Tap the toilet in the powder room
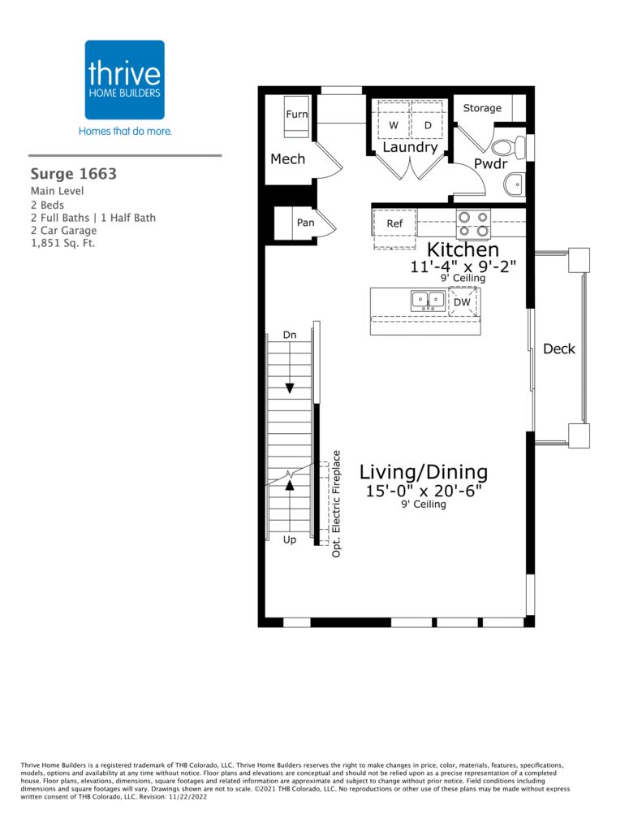click(x=509, y=146)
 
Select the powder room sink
click(x=514, y=184)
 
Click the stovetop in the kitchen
click(x=473, y=224)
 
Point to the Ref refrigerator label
click(x=394, y=223)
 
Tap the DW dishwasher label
click(x=462, y=302)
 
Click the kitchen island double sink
click(x=428, y=301)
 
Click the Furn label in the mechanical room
click(x=297, y=114)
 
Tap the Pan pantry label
click(x=305, y=223)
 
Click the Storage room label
click(x=482, y=108)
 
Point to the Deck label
click(x=558, y=349)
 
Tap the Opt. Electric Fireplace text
click(x=336, y=504)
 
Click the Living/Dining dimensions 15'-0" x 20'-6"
click(x=424, y=491)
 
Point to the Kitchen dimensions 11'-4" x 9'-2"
click(x=463, y=266)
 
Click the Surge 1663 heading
click(x=74, y=174)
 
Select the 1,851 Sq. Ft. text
click(x=62, y=244)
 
